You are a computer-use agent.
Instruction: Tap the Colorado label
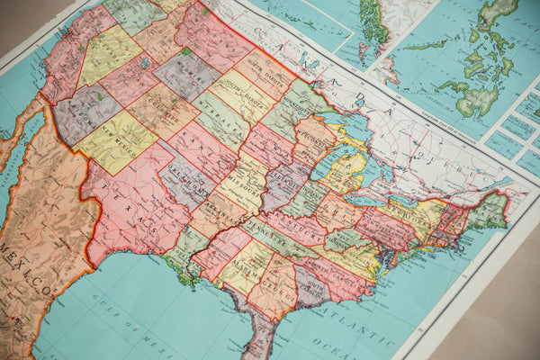point(163,112)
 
